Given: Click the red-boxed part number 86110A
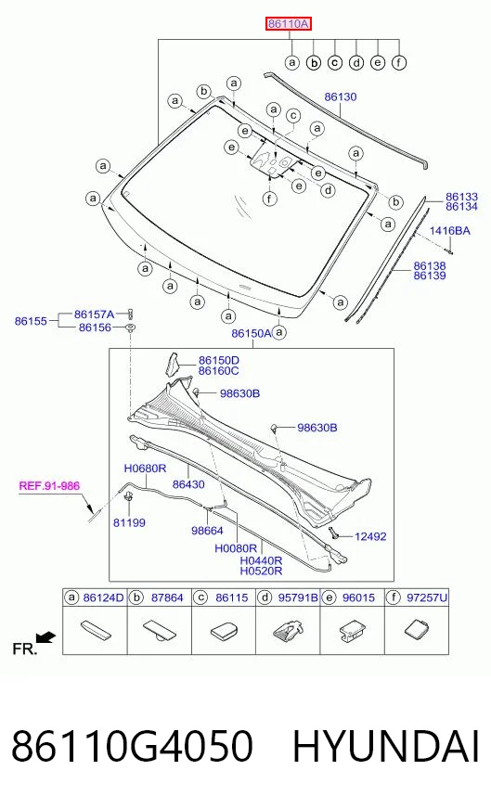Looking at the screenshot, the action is tap(289, 23).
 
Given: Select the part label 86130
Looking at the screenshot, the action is tap(341, 96).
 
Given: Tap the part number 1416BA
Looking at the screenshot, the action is tap(449, 230).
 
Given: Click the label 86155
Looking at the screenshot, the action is tap(31, 320).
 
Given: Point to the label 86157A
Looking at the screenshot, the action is tap(94, 315).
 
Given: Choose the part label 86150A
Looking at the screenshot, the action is tap(251, 333).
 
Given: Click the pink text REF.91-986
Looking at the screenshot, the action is tap(49, 485).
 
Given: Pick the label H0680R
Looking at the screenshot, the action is tap(145, 469).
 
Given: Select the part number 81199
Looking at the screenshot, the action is tap(129, 522).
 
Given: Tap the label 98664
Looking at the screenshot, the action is tap(207, 531).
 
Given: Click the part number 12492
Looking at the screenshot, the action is tap(370, 536).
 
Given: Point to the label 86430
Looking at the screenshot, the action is tap(188, 484).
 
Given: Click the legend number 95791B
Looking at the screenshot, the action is tap(299, 597).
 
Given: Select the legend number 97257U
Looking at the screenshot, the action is tap(427, 597).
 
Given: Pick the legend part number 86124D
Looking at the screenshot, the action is tap(103, 597).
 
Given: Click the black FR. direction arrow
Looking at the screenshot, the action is tap(46, 637).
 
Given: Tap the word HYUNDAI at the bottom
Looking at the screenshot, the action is tap(386, 746).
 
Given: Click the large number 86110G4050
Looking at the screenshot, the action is tap(132, 746).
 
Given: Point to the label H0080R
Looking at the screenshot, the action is tap(236, 548).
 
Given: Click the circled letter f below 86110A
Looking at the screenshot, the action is tap(398, 62).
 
